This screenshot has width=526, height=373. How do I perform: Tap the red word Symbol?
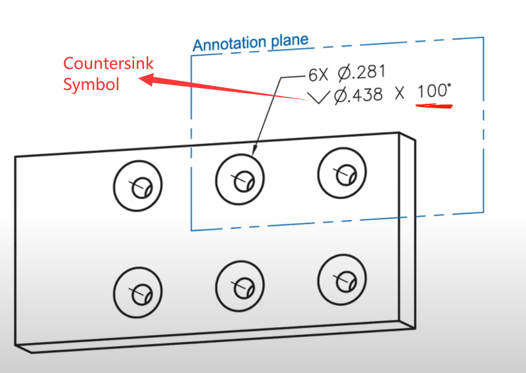click(91, 84)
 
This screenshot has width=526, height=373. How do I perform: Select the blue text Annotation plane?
click(251, 43)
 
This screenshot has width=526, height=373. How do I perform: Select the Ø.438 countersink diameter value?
click(358, 95)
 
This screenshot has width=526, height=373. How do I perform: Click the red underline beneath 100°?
click(434, 105)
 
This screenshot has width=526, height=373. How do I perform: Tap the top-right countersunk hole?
click(342, 171)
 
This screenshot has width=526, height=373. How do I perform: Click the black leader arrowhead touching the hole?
click(254, 149)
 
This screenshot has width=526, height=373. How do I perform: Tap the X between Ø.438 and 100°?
click(399, 95)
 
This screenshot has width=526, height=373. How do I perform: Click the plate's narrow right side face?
click(407, 230)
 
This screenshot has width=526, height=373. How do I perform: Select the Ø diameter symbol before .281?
click(345, 72)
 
